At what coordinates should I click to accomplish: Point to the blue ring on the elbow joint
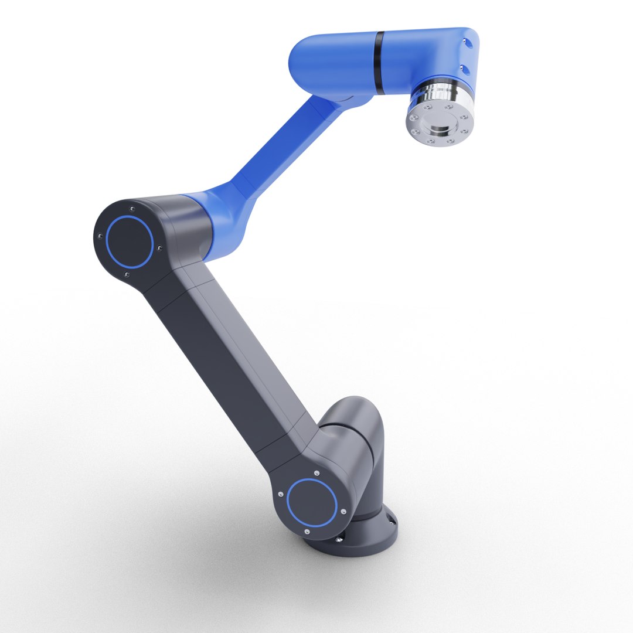coord(130,242)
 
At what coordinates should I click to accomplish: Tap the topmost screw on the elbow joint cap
coord(133,208)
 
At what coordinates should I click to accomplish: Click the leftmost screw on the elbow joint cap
coord(100,236)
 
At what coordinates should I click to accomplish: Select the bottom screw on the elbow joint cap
coord(127,274)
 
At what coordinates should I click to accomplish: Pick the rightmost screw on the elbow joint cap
coord(159,246)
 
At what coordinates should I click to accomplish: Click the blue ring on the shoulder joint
coord(312,502)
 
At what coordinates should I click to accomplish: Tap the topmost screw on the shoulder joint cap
coord(316,472)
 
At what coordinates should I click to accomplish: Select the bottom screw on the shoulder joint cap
coord(307,532)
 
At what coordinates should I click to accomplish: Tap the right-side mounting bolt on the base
coord(390,519)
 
